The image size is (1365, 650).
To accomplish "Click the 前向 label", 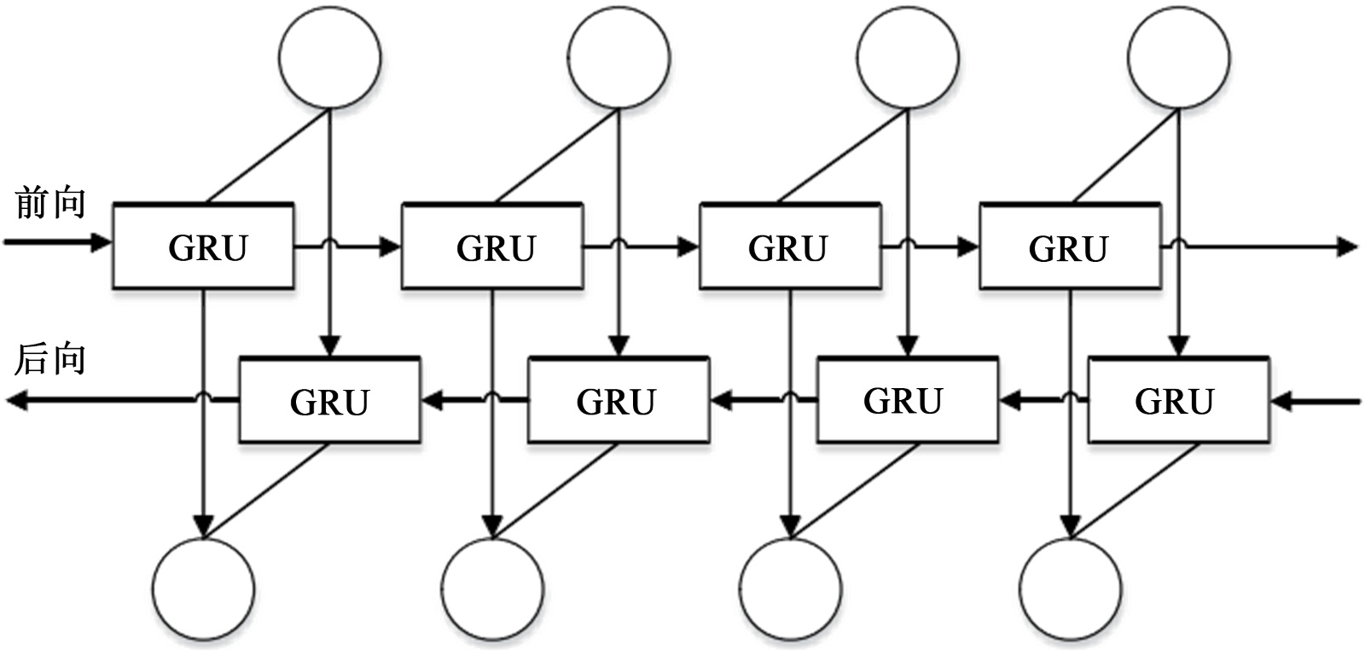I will pos(50,204).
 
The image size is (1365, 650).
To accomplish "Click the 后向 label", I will pos(50,359).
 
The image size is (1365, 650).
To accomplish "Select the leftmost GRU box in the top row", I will pos(204,247).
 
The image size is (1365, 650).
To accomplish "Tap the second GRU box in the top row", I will pos(492,247).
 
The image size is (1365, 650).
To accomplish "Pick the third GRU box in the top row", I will pos(788,247).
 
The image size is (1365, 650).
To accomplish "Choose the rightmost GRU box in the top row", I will pos(1069,247).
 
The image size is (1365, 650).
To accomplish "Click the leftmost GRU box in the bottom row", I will pos(329,400).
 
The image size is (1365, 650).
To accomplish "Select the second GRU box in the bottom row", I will pos(618,400).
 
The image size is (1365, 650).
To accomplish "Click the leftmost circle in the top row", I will pos(329,58).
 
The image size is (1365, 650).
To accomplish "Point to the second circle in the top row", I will pos(619,58).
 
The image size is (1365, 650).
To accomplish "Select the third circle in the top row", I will pos(907,58).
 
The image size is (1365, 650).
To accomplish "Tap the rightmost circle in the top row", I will pos(1179,58).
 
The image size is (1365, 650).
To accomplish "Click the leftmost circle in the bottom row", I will pos(203,589).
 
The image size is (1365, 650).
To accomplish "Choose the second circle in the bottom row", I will pos(492,589).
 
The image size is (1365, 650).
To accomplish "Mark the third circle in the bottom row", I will pos(790,589).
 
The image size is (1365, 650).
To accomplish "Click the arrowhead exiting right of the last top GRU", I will pos(1347,247).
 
